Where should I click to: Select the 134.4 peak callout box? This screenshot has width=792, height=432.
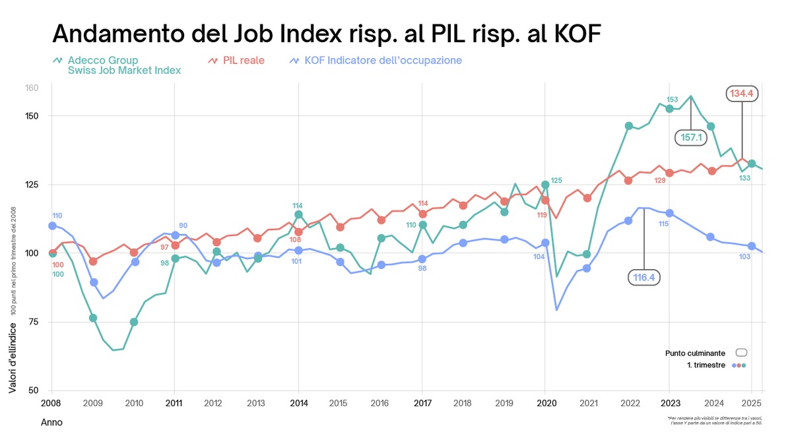742,94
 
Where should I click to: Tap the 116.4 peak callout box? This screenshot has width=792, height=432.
643,278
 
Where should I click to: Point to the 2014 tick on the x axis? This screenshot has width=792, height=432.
299,402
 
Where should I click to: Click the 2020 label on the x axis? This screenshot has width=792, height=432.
545,402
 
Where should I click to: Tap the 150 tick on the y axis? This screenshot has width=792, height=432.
32,116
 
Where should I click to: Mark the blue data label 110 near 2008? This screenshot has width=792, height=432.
57,216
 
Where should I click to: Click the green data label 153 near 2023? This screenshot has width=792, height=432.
672,100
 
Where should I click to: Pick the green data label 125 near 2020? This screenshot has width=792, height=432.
556,180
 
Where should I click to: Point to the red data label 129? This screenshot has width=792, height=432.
659,181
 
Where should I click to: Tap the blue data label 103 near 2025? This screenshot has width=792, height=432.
744,257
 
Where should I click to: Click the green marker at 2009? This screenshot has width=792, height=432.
93,318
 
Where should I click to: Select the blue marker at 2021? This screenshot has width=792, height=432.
586,268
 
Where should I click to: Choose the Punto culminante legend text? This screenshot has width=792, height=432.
695,354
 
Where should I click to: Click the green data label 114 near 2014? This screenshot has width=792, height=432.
298,206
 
